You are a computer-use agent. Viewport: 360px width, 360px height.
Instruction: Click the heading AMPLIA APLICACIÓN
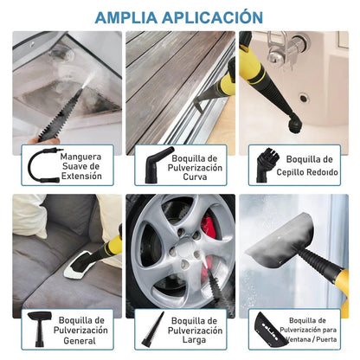point(179,16)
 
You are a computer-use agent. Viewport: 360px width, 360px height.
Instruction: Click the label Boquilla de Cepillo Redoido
point(310,164)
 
